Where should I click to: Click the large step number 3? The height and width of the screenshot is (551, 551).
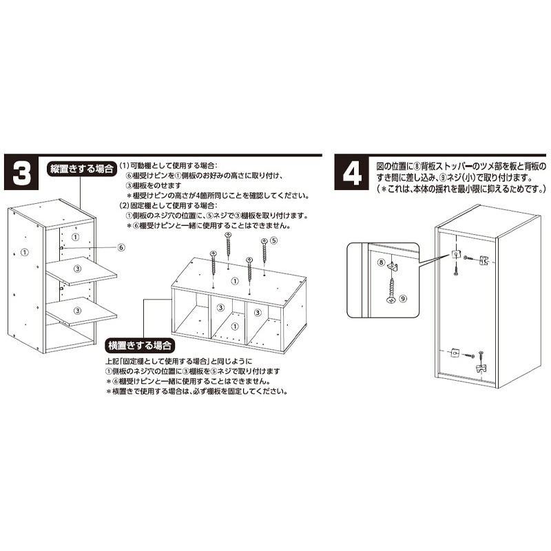tap(22, 174)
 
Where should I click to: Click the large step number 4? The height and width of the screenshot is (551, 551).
tap(352, 174)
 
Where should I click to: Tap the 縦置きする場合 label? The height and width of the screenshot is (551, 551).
tap(81, 168)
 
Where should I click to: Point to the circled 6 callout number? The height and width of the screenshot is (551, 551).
tap(121, 247)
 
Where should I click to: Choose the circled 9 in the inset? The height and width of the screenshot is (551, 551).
tap(404, 298)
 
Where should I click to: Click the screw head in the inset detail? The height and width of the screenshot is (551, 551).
tap(391, 300)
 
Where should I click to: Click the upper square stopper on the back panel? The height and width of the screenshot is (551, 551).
tap(455, 255)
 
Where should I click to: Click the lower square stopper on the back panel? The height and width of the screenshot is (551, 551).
tap(455, 353)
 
